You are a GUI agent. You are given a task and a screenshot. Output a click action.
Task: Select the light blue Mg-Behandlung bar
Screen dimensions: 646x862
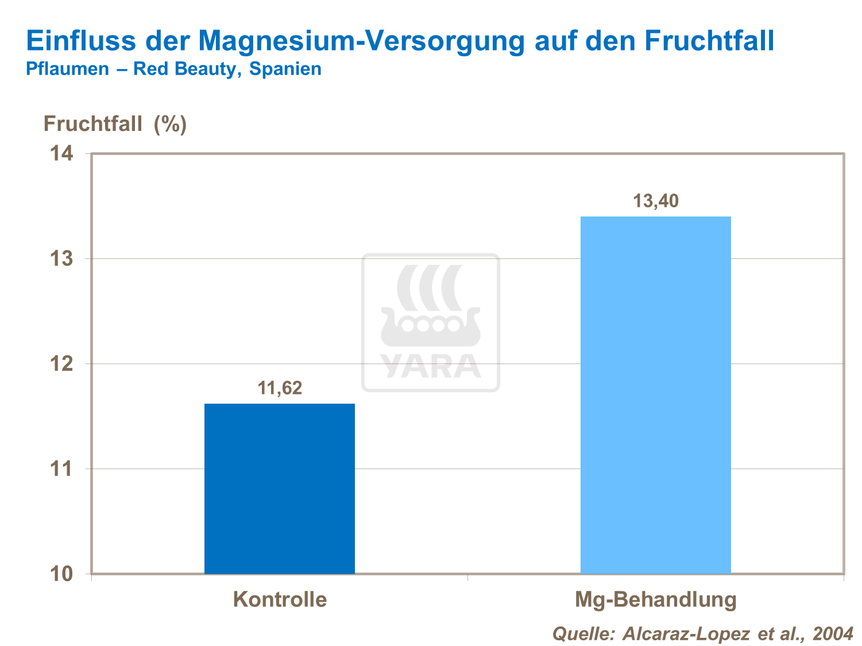(x=655, y=394)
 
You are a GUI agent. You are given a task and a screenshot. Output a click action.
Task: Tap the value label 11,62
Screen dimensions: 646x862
(x=280, y=388)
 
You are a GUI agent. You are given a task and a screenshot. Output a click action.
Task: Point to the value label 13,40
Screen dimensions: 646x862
(x=655, y=201)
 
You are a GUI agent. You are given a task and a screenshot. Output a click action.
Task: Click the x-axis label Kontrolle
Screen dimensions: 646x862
(x=280, y=599)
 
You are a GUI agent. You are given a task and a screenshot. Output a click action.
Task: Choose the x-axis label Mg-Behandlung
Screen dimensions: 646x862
(x=655, y=599)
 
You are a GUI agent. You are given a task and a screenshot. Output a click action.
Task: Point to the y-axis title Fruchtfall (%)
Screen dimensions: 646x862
(x=115, y=123)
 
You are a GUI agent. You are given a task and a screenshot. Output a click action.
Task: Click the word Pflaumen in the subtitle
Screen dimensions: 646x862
(x=67, y=69)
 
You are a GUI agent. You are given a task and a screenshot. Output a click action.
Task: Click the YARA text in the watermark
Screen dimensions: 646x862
(x=430, y=366)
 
